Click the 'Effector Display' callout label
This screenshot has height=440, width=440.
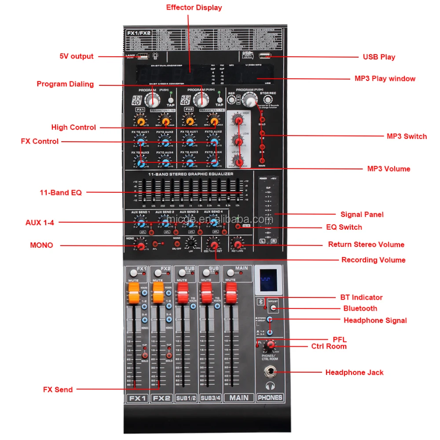click(x=194, y=7)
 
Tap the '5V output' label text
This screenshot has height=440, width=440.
click(x=77, y=56)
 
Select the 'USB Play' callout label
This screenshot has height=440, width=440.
click(x=379, y=57)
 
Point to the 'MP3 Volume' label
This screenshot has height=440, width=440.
click(x=389, y=169)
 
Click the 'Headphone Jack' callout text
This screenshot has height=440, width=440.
click(x=354, y=372)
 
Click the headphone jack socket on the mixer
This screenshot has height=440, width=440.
click(x=270, y=372)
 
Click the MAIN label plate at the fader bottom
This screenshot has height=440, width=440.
click(x=238, y=397)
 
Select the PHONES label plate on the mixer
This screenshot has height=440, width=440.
click(x=270, y=397)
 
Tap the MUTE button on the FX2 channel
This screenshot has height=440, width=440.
click(x=158, y=273)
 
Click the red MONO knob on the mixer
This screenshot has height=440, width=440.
click(x=141, y=245)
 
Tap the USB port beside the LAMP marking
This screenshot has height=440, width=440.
click(x=142, y=56)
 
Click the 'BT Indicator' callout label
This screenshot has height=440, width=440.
click(x=361, y=297)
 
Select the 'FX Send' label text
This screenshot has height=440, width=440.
click(x=58, y=389)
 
